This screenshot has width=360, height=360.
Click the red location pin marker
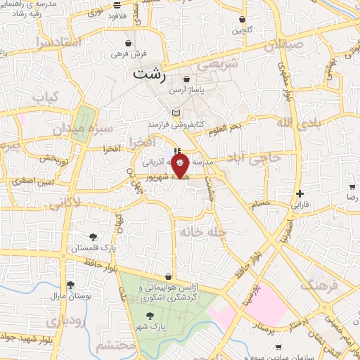coord(180,166)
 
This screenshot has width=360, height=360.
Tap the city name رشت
coord(148,72)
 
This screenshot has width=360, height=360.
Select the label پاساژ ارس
coord(186,89)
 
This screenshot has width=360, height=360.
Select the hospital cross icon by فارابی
coord(300,193)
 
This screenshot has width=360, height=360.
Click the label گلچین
coord(243,30)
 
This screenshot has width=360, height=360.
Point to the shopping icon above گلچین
coord(243,20)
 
